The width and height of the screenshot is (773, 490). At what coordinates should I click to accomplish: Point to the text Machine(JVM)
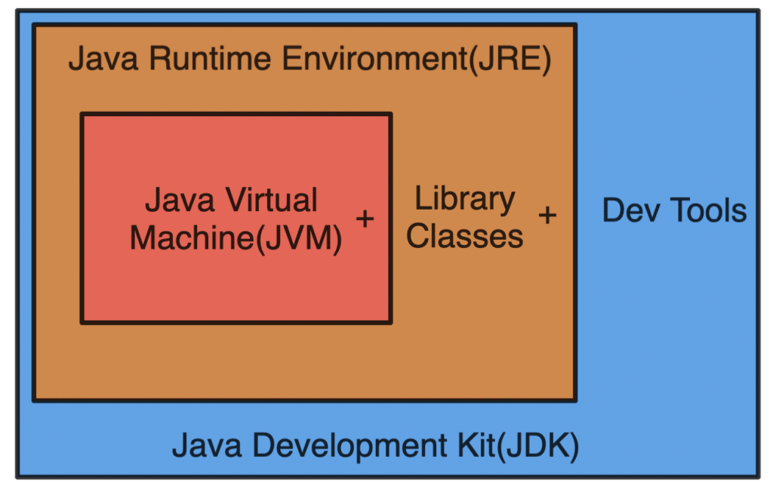pos(236,237)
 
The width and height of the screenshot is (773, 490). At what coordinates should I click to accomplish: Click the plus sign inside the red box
pos(365,219)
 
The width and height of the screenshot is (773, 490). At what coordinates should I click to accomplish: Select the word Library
pos(465,200)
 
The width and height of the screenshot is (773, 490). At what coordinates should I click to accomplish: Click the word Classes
pos(465,236)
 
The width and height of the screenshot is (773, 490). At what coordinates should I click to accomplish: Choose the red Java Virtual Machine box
pos(236,286)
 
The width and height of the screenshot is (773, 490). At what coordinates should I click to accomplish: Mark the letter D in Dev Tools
pos(612,210)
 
